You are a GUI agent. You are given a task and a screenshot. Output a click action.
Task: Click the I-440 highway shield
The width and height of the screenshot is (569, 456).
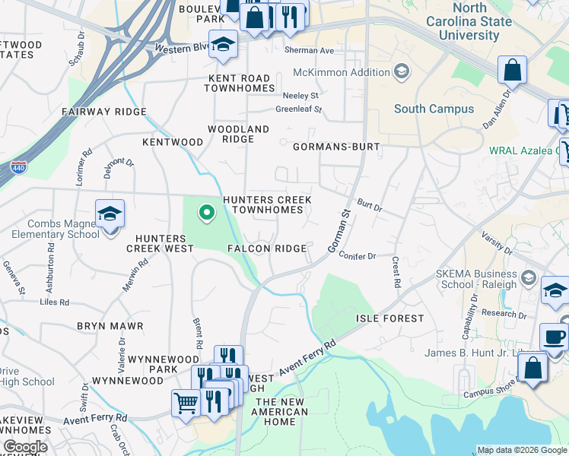point(17,167)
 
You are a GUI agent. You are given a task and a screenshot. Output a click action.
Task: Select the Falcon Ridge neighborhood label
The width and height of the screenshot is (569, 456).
point(267,249)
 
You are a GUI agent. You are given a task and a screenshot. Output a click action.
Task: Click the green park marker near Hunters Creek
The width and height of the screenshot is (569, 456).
point(205,214)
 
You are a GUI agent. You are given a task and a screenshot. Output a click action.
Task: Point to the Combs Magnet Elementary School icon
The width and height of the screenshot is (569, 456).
point(110,214)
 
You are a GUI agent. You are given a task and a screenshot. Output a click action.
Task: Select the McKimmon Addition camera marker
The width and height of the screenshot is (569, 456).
point(400,73)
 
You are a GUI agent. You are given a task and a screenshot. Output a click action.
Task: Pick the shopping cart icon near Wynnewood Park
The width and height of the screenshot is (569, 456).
point(186,403)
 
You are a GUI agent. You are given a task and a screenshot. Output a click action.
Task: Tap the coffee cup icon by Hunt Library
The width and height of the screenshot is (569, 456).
point(553,337)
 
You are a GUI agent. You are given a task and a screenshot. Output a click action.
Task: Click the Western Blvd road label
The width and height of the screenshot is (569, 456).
point(181,47)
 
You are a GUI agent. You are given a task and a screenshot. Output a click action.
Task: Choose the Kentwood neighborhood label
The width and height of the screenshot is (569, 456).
point(173,142)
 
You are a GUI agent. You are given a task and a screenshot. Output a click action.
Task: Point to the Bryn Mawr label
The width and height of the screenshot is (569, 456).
point(110,326)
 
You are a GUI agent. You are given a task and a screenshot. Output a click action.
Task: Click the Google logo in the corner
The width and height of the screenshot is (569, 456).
point(25,448)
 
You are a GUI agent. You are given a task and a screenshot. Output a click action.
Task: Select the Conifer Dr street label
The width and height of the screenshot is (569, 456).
point(358,257)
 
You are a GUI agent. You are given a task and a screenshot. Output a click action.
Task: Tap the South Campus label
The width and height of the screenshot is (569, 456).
point(434,109)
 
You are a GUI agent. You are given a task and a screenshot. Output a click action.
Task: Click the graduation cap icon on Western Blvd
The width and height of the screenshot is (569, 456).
point(224,45)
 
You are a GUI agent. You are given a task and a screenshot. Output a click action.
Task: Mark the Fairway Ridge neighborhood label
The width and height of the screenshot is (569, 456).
point(104,112)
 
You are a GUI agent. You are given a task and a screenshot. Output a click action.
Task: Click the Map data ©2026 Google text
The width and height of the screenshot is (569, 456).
point(521,450)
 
